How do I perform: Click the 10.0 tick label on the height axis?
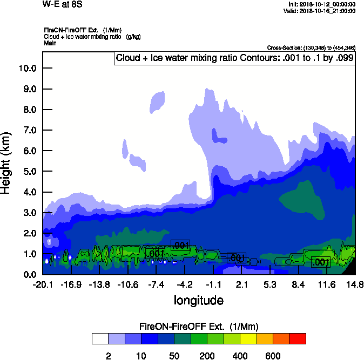pyautogui.click(x=26, y=69)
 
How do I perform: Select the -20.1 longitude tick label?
pyautogui.click(x=42, y=285)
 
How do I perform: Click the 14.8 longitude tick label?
pyautogui.click(x=355, y=285)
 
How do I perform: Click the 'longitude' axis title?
pyautogui.click(x=198, y=300)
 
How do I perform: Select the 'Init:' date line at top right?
pyautogui.click(x=322, y=4)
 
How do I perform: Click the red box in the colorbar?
pyautogui.click(x=298, y=339)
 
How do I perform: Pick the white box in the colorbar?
pyautogui.click(x=100, y=339)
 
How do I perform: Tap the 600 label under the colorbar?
pyautogui.click(x=273, y=356)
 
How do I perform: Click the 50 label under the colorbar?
pyautogui.click(x=174, y=356)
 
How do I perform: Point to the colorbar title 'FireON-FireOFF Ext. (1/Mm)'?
pyautogui.click(x=199, y=327)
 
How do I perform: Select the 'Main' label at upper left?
pyautogui.click(x=51, y=43)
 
